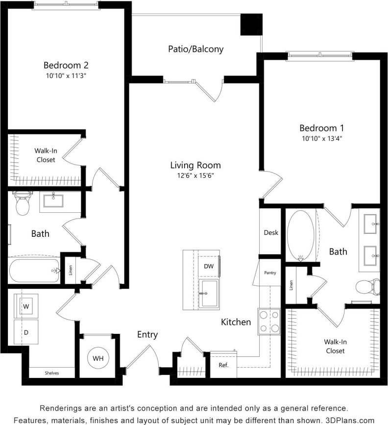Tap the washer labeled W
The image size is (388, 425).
pos(25,306)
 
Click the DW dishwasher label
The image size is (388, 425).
pos(208,266)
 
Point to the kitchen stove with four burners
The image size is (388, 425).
pos(269,322)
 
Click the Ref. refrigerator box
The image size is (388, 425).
pos(223,365)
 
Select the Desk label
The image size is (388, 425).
pos(271,232)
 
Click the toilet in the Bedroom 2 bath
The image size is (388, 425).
pos(23,203)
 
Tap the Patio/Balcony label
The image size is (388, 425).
pos(195,49)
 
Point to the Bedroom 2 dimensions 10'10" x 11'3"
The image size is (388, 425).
pos(66,75)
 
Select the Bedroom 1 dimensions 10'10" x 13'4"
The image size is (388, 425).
pos(321,138)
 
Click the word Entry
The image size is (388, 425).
pos(147,335)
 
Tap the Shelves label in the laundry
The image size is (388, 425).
pos(51,373)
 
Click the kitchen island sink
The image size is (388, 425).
pos(209,294)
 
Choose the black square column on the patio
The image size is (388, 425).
pos(250,24)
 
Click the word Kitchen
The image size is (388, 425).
pos(236,322)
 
